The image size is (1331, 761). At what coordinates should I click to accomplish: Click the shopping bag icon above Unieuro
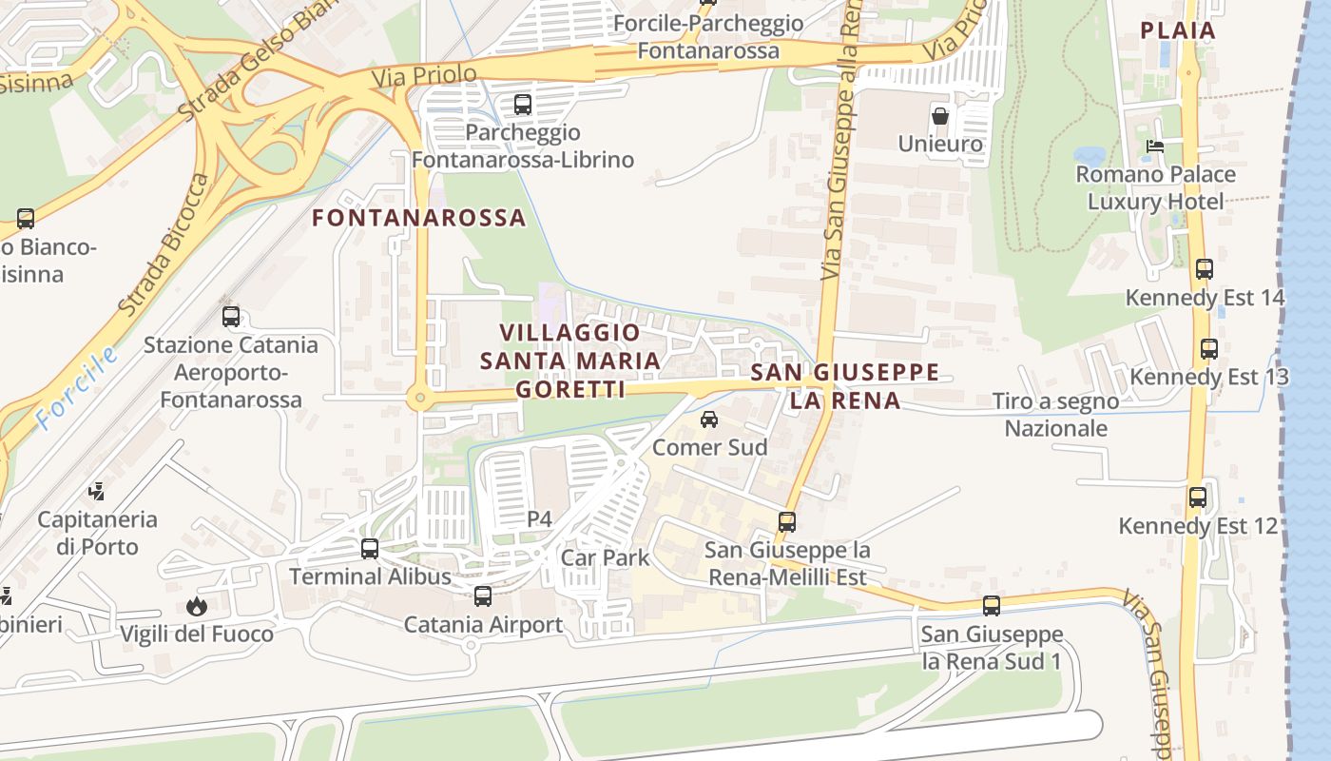(x=940, y=116)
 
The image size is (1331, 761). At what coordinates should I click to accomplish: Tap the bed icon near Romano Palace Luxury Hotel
(x=1155, y=146)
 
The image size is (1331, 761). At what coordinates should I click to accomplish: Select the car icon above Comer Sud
(x=709, y=420)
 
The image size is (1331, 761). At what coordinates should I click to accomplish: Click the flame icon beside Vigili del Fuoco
(x=197, y=606)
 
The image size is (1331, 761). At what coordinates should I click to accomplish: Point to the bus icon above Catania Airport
(x=483, y=596)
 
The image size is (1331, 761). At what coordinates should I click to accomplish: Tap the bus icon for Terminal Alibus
(x=370, y=549)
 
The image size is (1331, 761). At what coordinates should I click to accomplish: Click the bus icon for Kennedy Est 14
(x=1205, y=269)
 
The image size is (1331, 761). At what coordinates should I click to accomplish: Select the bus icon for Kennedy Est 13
(x=1208, y=349)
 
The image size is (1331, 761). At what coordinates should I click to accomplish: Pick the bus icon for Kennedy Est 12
(x=1198, y=497)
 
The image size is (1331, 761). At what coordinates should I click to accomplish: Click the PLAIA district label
(x=1178, y=30)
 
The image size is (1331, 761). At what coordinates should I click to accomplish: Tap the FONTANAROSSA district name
(x=419, y=218)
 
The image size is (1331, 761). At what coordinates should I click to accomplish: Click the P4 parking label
(x=539, y=519)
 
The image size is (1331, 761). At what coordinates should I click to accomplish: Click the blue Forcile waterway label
(x=78, y=388)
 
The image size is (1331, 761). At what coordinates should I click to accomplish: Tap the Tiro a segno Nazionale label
(x=1055, y=415)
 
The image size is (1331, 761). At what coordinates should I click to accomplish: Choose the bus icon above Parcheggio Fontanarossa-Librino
(x=522, y=105)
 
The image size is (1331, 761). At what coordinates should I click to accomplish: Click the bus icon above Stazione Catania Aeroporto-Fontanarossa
(x=231, y=317)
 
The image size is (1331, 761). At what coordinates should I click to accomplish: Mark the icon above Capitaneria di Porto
(x=96, y=492)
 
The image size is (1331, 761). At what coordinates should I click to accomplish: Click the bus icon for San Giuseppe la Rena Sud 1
(x=992, y=606)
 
